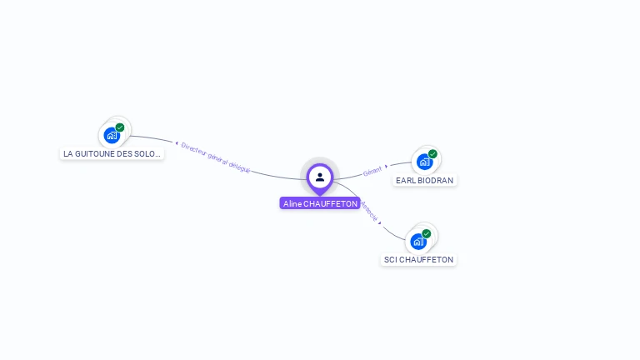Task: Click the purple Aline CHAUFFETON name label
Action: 320,203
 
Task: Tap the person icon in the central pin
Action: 320,177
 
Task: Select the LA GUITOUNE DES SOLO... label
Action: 112,153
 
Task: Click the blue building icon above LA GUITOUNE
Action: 112,135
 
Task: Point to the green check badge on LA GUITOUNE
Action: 120,127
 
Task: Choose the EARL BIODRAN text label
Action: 425,180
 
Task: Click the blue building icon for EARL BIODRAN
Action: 424,162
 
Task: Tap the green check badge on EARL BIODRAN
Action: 432,154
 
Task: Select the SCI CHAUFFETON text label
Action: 418,259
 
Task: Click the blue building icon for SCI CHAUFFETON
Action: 418,242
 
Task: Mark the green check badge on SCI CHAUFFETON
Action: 427,234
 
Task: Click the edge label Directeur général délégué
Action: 216,157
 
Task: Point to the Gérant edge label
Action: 372,171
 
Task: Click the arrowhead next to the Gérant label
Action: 387,166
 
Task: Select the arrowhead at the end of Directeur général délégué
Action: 177,143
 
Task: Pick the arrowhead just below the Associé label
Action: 380,223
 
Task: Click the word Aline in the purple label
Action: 292,203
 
